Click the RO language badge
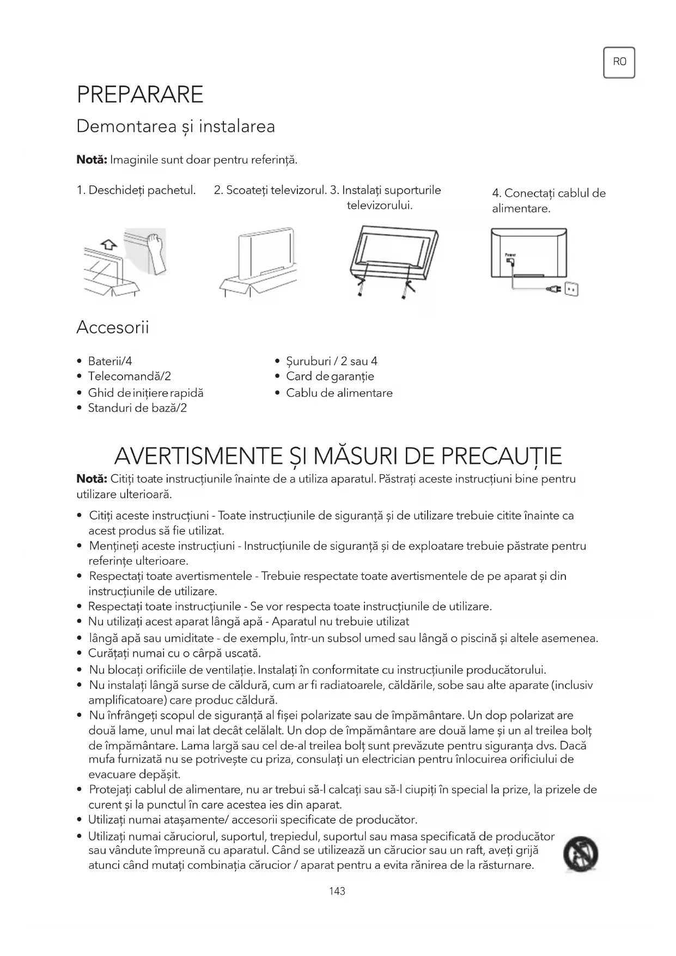(619, 62)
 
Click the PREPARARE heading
(140, 94)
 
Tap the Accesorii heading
(112, 328)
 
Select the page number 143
(337, 891)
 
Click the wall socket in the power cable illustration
(571, 289)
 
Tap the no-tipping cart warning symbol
(581, 854)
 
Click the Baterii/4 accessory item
(110, 361)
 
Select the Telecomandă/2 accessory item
(130, 376)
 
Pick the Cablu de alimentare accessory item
(339, 393)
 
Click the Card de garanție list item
(330, 376)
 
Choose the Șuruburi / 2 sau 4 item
(332, 361)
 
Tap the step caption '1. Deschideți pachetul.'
(136, 190)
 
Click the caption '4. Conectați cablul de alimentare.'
(549, 201)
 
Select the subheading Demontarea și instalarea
(175, 126)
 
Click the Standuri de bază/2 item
(137, 408)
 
